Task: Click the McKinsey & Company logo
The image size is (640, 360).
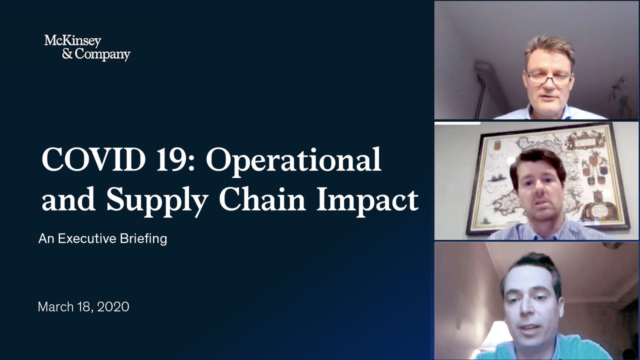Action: (87, 48)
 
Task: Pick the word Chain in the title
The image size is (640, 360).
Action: (262, 198)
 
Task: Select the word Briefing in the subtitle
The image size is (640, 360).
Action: (143, 239)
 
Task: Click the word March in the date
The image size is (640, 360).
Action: (55, 307)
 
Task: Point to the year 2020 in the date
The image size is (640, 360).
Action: (113, 307)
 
